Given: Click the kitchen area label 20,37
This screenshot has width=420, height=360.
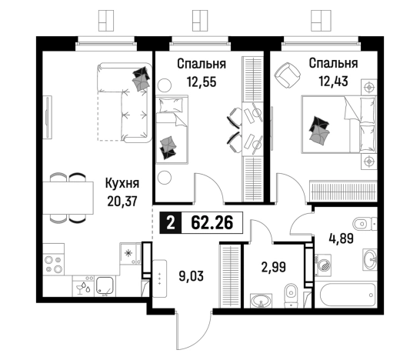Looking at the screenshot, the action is tap(122, 202).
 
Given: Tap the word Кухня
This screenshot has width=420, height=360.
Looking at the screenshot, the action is tap(122, 184).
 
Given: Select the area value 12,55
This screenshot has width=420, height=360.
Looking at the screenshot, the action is tap(202, 82).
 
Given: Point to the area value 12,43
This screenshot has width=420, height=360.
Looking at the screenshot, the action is tap(333, 81).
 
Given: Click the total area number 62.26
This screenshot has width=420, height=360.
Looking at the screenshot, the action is tap(212, 222).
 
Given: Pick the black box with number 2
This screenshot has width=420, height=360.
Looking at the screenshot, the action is tap(171, 222).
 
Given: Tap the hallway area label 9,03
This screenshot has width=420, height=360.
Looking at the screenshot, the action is tap(192, 276).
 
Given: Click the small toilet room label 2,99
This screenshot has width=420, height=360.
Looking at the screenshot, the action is tap(274, 267).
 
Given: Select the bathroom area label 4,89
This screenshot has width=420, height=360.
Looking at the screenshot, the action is tap(342, 238).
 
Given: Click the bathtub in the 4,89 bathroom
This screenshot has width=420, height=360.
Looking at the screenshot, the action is tap(346, 295).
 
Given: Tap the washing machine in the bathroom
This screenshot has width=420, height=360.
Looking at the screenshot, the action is tap(323, 265).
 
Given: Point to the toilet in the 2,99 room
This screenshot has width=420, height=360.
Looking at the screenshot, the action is tap(292, 295).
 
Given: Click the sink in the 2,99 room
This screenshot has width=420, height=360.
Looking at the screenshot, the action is tap(262, 300).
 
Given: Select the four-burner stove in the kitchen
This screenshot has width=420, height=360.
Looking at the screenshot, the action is tap(54, 265).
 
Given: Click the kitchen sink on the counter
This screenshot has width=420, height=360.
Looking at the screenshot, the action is tap(105, 286).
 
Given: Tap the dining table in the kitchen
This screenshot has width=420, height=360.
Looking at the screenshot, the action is tap(68, 198).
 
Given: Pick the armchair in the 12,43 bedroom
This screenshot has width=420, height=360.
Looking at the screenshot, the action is tap(287, 75).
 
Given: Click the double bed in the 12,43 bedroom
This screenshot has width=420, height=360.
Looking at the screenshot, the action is tap(339, 125).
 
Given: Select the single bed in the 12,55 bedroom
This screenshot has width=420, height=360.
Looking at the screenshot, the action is tap(172, 129).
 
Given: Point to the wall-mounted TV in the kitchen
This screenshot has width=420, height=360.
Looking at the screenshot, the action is tap(48, 118).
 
